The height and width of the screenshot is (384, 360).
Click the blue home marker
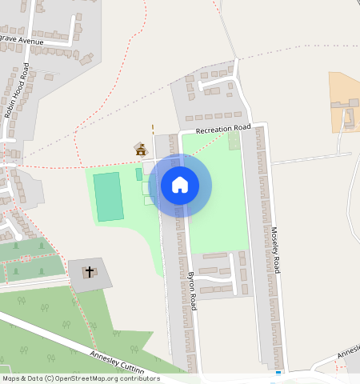click(180, 186)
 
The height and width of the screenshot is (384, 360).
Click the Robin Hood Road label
click(17, 90)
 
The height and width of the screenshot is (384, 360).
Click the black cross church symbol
click(90, 272)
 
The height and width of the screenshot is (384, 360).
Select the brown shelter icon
click(141, 149)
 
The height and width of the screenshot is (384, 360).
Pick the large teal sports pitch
click(108, 197)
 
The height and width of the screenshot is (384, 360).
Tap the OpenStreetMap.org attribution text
click(112, 378)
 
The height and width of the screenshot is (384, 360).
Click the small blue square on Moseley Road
click(278, 373)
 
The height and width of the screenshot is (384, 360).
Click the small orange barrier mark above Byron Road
click(152, 126)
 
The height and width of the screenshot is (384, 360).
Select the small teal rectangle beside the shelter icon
click(138, 174)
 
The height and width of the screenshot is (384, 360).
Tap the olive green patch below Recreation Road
click(234, 141)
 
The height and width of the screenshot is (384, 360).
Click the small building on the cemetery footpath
click(26, 258)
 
